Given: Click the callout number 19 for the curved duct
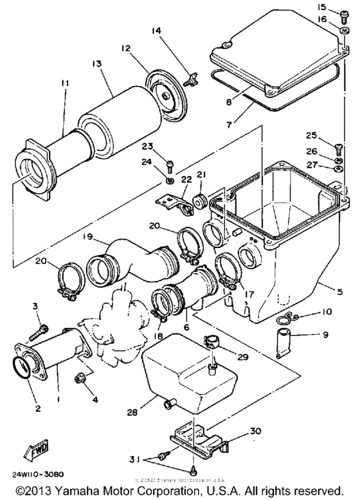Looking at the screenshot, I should coord(88,238).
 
